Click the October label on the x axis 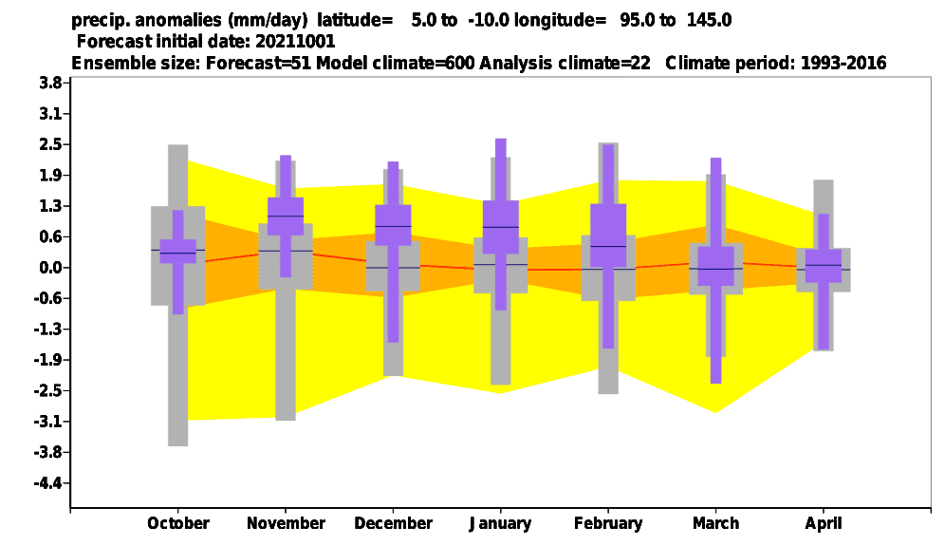click(x=178, y=523)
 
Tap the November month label click(x=286, y=523)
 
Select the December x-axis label click(x=393, y=523)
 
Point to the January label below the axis click(x=500, y=523)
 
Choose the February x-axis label click(x=608, y=523)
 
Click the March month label click(x=715, y=523)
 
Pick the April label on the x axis click(x=824, y=523)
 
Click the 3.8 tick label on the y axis click(x=50, y=84)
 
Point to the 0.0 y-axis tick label click(x=50, y=268)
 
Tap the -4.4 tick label click(x=47, y=483)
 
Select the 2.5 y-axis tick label click(x=50, y=144)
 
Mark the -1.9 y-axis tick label click(x=47, y=360)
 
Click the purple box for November click(x=286, y=216)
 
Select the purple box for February click(x=608, y=235)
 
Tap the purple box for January click(x=500, y=227)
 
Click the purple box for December click(x=393, y=225)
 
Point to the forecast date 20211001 click(x=295, y=41)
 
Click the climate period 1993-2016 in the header click(x=843, y=63)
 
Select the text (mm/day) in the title click(x=267, y=21)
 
